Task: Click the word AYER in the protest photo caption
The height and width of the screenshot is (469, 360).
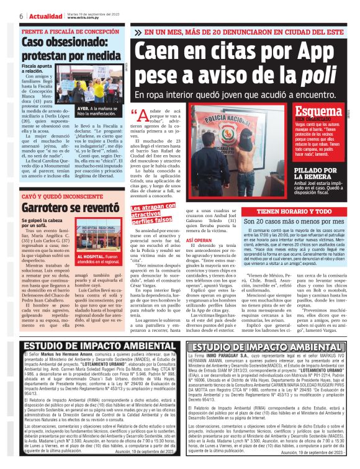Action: point(82,107)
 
